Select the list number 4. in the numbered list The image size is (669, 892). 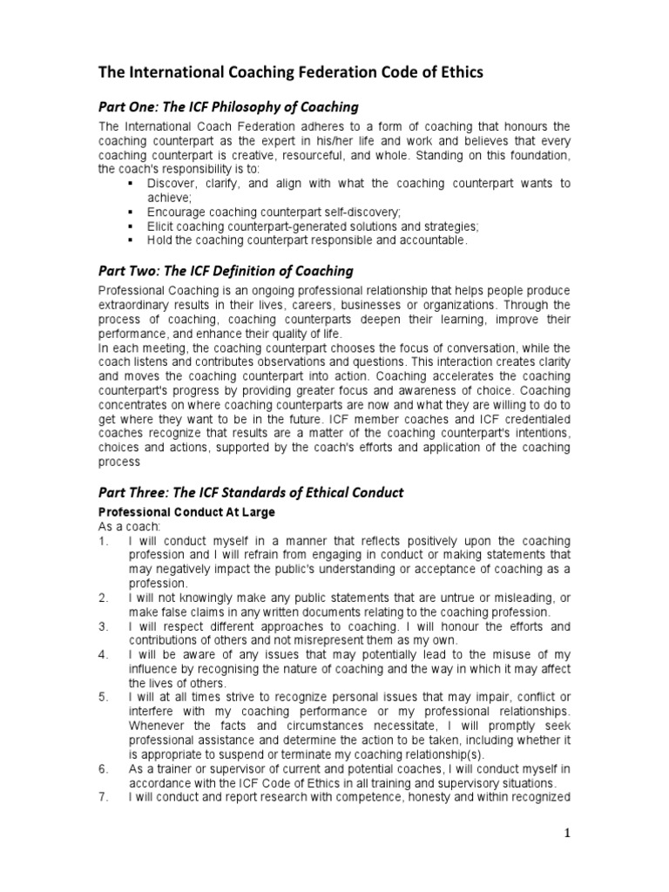(103, 653)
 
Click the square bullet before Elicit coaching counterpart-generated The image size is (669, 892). (130, 226)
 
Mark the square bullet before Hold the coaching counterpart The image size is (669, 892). (130, 240)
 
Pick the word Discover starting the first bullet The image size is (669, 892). (171, 184)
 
